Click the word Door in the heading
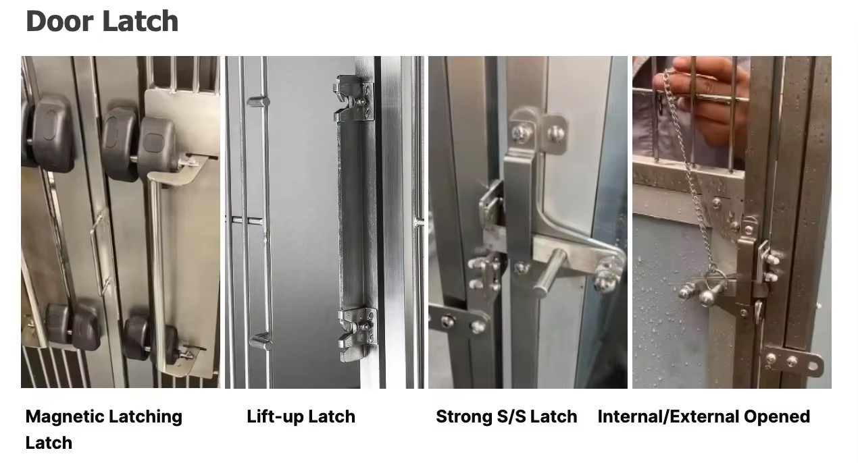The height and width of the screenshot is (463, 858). pos(59,21)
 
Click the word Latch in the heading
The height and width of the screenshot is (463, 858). pos(141,21)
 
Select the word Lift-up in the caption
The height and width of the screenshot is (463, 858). pos(275,417)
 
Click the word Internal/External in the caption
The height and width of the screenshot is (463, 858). pos(668,416)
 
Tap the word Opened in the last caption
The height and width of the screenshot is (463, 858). pos(777,417)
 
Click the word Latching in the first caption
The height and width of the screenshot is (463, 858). pos(145,417)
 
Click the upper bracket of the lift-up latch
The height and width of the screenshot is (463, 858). pos(353,99)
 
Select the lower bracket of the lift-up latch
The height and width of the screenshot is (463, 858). pos(357,335)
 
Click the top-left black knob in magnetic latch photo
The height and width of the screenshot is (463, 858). pos(50,133)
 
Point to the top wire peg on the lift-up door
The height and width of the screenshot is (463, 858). pos(258,102)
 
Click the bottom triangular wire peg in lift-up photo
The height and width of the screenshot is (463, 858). pos(261,341)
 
